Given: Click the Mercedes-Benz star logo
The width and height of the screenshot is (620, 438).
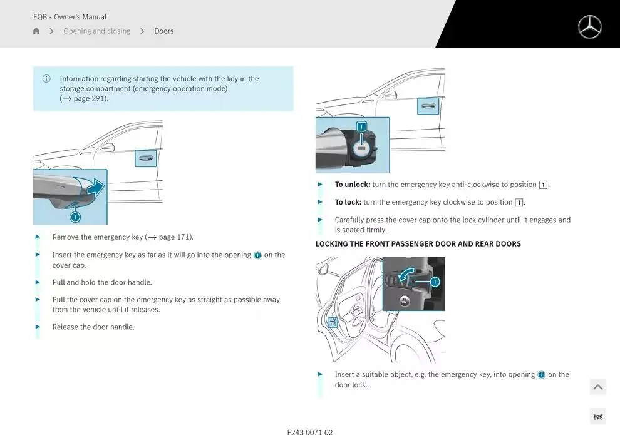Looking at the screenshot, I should click(x=589, y=27).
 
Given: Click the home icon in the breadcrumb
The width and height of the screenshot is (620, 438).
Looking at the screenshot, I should click(x=36, y=31).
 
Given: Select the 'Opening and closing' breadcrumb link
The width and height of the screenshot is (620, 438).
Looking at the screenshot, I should click(x=96, y=31).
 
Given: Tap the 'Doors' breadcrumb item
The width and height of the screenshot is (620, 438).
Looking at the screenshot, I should click(x=164, y=31).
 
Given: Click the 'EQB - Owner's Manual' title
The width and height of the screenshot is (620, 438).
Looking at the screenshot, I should click(x=70, y=17).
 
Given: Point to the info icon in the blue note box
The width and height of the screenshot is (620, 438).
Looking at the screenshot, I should click(x=46, y=79).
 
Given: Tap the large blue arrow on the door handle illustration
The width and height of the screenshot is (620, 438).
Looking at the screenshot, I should click(x=95, y=187).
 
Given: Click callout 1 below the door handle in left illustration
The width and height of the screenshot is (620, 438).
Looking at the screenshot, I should click(x=75, y=217).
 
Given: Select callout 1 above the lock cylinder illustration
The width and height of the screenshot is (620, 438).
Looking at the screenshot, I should click(x=361, y=126).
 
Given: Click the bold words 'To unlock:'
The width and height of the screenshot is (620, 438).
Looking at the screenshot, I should click(x=353, y=185).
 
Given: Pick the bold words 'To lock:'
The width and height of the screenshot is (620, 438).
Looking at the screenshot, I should click(x=348, y=202).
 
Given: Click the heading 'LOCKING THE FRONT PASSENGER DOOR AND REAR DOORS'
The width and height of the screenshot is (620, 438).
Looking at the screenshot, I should click(x=418, y=244).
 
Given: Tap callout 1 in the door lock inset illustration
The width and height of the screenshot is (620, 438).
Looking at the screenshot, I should click(x=435, y=282).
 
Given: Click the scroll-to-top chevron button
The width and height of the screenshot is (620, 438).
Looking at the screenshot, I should click(x=597, y=387).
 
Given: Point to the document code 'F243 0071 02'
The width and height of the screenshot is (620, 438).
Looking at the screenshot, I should click(x=310, y=432).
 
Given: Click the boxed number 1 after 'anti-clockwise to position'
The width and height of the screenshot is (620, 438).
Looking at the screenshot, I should click(x=543, y=185).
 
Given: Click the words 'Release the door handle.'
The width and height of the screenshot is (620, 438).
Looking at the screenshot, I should click(x=93, y=327).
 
